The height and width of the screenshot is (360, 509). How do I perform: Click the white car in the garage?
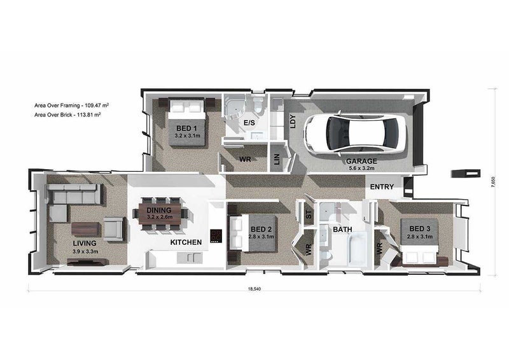356,132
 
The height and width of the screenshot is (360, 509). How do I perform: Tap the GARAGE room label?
361,161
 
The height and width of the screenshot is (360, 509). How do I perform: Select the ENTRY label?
382,186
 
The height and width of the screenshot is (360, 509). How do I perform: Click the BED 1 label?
186,128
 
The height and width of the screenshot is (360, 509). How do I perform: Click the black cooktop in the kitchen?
216,236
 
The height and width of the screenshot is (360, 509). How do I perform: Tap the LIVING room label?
85,243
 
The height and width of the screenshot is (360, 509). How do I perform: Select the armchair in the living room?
113,228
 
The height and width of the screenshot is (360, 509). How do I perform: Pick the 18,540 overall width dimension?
254,289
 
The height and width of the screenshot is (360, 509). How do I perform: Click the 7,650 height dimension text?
494,182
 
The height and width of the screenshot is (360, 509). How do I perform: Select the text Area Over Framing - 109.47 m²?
71,105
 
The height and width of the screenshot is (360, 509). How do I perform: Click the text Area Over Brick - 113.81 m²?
67,114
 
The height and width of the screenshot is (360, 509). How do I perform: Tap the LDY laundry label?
293,121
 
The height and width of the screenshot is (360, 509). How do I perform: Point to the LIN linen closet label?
277,159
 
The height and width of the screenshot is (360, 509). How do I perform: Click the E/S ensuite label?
249,123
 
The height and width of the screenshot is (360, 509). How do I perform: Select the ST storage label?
309,214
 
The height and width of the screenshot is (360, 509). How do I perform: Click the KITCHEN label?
186,242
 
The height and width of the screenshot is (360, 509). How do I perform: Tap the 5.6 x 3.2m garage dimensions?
361,168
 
